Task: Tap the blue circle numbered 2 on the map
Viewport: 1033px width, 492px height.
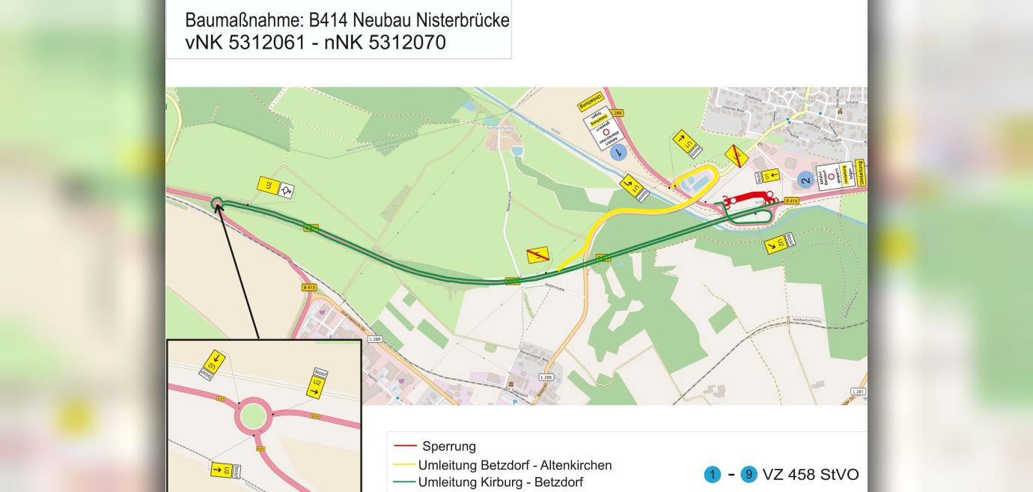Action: (805, 179)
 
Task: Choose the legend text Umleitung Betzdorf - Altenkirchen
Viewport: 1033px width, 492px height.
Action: (515, 465)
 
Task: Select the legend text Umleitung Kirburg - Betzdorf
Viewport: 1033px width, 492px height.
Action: (501, 482)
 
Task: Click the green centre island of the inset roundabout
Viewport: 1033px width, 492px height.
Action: (252, 414)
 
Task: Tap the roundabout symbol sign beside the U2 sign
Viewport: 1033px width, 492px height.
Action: (285, 192)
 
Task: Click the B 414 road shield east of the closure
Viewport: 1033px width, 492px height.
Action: (792, 201)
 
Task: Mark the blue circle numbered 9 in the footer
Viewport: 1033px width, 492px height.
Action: (749, 475)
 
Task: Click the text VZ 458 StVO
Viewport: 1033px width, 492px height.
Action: (811, 475)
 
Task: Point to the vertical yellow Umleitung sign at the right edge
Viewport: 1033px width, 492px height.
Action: (860, 173)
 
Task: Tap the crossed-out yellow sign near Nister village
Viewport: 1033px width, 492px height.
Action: (737, 157)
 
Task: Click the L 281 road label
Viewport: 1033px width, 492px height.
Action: (859, 392)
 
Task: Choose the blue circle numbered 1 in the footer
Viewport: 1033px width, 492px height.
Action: (712, 475)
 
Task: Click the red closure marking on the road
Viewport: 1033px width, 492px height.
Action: (749, 198)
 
